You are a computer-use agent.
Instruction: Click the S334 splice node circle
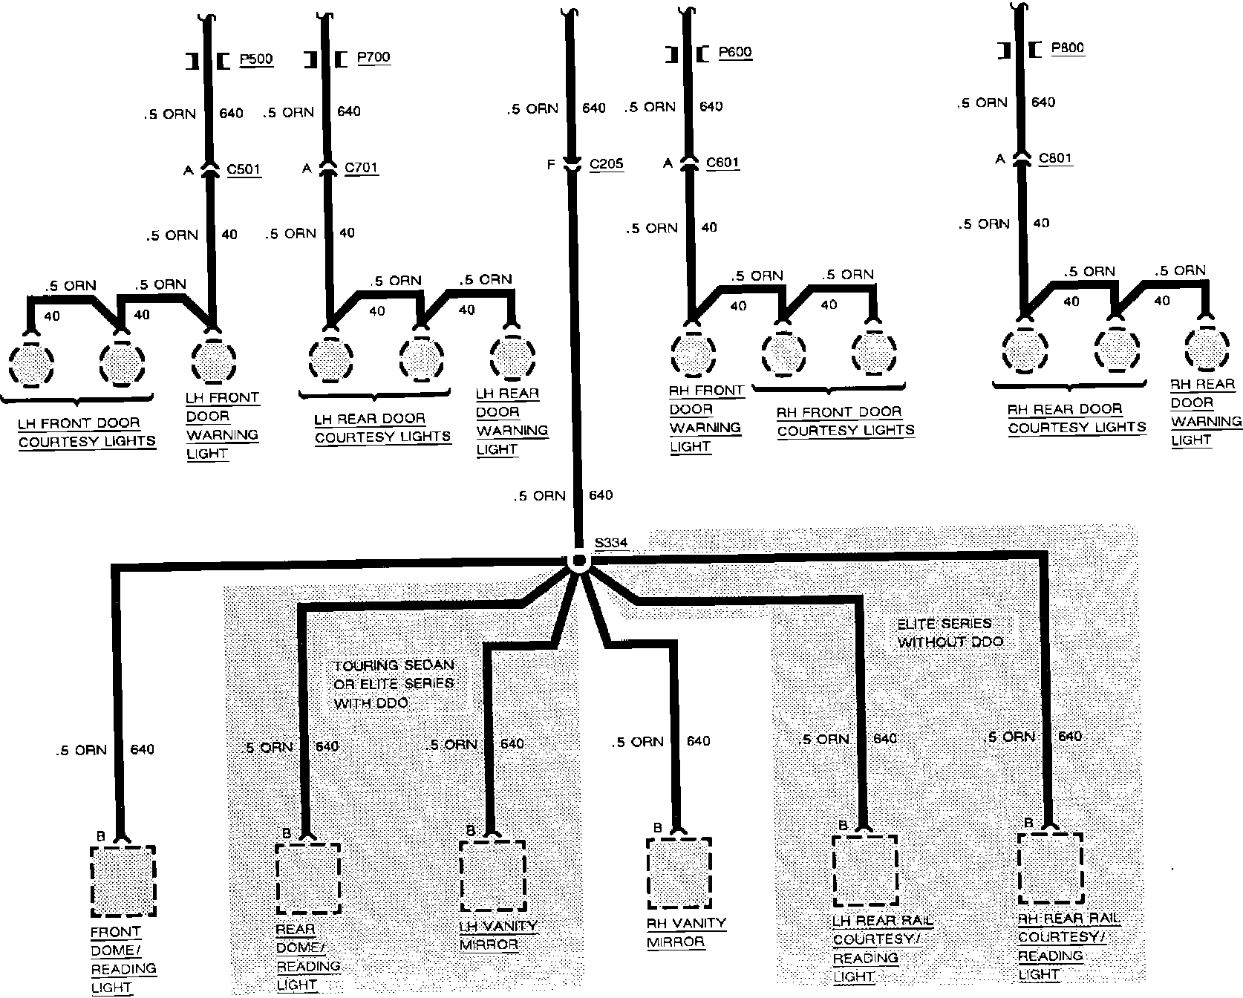(578, 562)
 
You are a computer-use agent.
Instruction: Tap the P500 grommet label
(256, 59)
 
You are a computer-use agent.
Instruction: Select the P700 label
(373, 57)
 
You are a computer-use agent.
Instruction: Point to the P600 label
(735, 52)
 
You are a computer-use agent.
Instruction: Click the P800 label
(1068, 48)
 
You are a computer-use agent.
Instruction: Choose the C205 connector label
(606, 164)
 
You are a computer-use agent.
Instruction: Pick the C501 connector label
(244, 169)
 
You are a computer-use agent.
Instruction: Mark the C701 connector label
(362, 167)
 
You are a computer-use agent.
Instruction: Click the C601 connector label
(723, 163)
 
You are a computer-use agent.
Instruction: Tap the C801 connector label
(1055, 158)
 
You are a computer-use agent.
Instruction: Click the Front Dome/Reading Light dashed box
(123, 881)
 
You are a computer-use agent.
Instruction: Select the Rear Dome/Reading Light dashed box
(307, 878)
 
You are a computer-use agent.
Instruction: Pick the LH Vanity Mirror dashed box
(492, 876)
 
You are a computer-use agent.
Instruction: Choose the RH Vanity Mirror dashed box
(679, 873)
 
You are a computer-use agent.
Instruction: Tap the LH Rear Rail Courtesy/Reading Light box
(864, 871)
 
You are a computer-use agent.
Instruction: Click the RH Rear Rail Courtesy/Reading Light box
(1049, 868)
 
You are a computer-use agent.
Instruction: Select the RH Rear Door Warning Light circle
(1207, 347)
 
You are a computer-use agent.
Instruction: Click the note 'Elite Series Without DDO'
(950, 633)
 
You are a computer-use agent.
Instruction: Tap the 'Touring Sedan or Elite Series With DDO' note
(394, 684)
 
